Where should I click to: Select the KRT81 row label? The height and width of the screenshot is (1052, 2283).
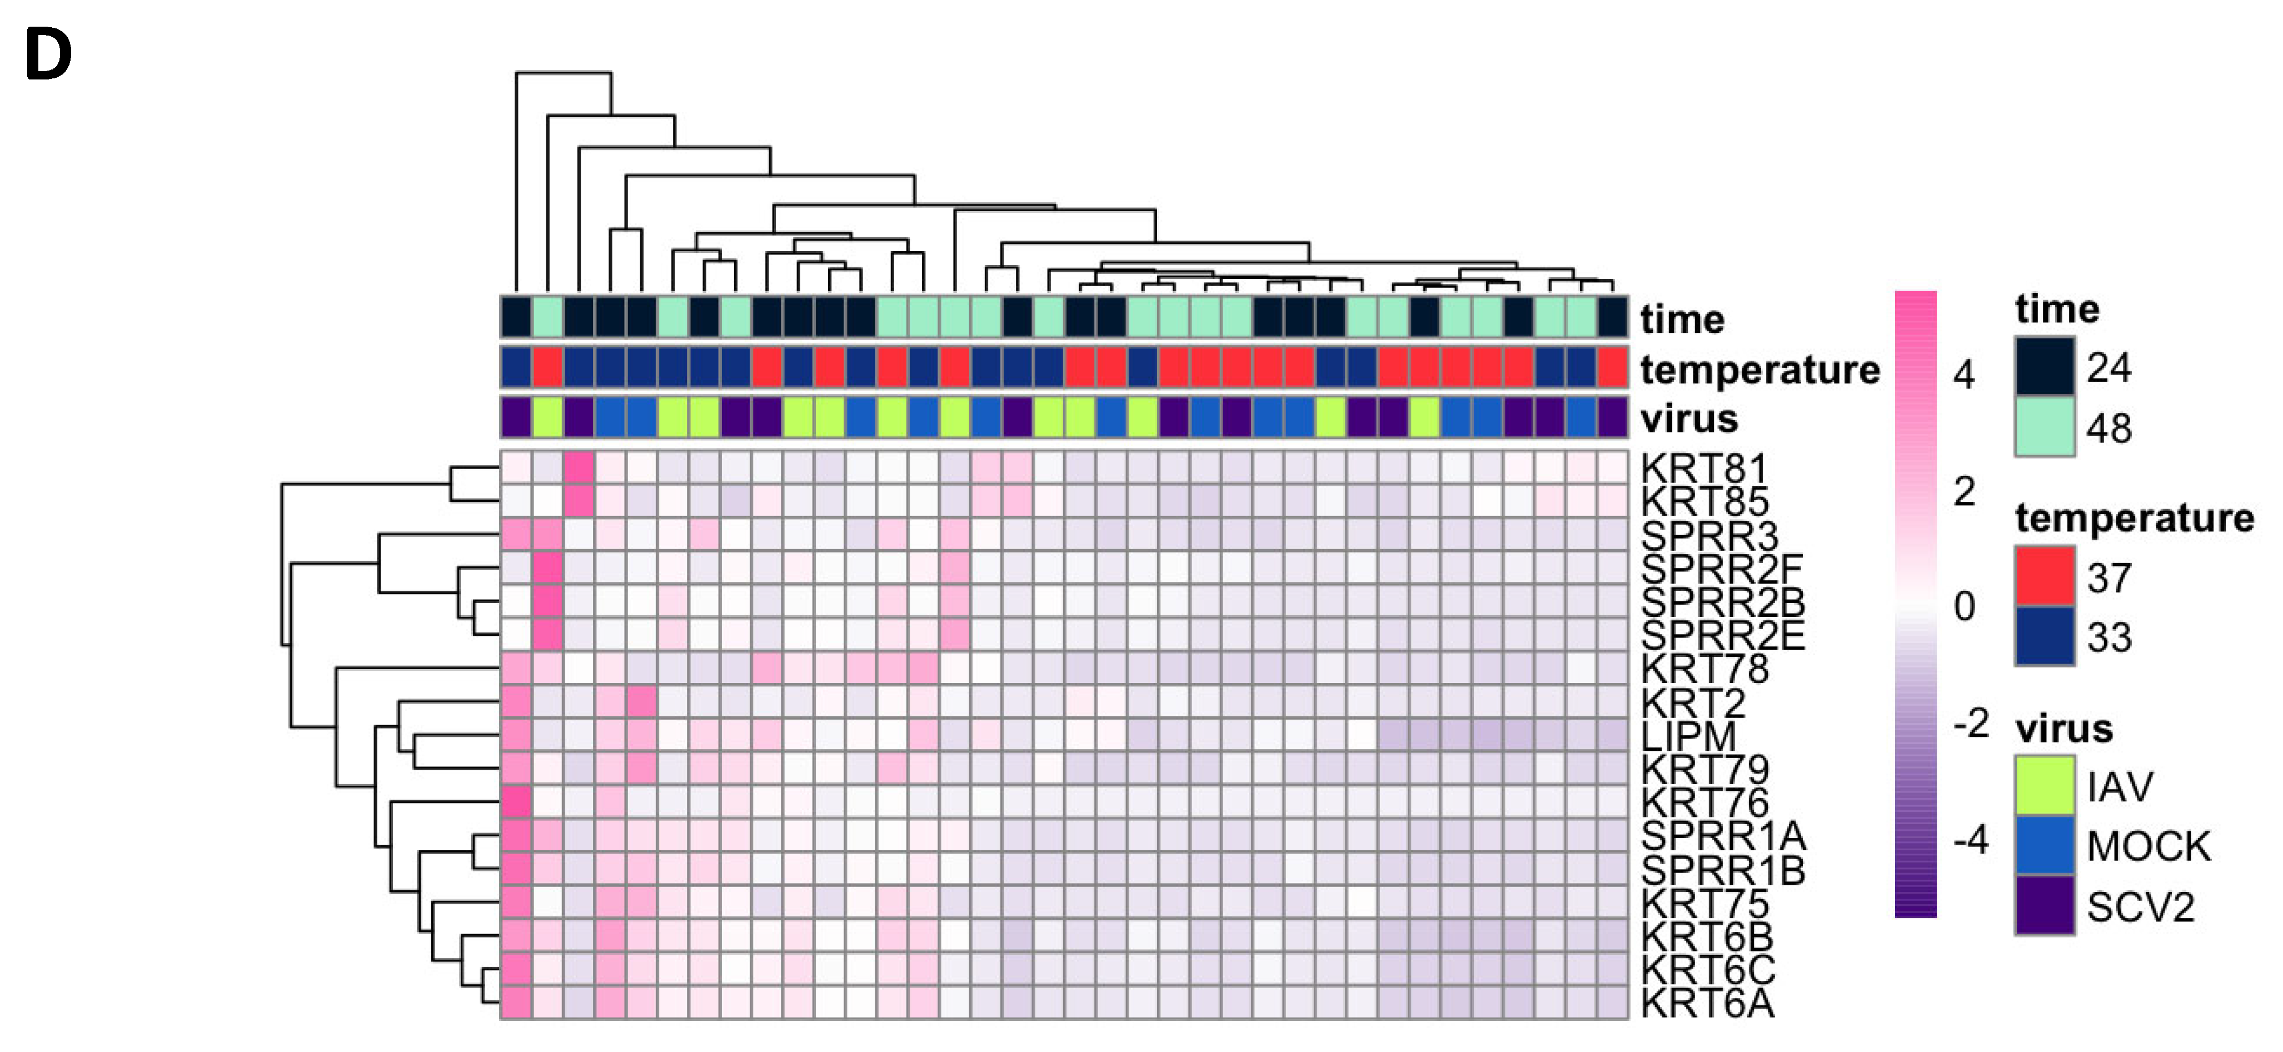click(1703, 469)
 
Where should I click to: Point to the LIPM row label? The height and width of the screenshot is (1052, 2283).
click(1687, 736)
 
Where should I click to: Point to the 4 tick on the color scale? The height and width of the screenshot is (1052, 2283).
click(1964, 375)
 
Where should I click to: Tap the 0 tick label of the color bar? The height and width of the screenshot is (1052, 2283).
click(1964, 607)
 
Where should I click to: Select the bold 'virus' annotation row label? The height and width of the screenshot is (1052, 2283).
click(1688, 418)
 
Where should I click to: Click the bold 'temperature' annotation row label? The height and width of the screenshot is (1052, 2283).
click(1759, 370)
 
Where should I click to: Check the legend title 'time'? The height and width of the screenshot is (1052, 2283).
click(2057, 308)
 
